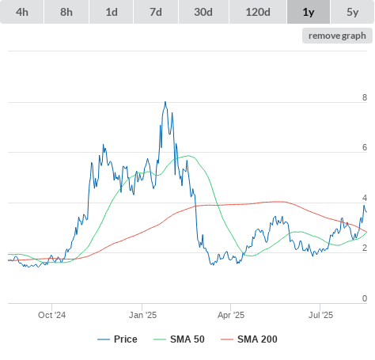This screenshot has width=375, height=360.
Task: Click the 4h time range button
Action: (x=22, y=12)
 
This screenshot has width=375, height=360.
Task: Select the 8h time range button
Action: (x=66, y=12)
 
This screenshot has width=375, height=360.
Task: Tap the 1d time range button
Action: (x=112, y=12)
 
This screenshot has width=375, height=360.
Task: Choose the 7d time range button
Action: (x=156, y=12)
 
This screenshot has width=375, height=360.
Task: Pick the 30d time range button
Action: (x=203, y=12)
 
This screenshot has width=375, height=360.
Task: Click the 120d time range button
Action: (x=258, y=12)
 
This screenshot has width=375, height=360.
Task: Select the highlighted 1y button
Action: (x=309, y=12)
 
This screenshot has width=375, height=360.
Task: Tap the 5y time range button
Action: (x=353, y=12)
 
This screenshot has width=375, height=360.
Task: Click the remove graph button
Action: (x=337, y=36)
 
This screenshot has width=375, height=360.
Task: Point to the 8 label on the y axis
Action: (x=365, y=97)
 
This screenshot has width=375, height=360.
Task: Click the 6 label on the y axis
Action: (x=365, y=147)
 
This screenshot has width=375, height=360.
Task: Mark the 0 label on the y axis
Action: (x=365, y=298)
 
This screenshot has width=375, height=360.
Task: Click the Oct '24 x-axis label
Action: (x=52, y=315)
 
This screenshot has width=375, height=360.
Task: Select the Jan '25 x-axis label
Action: (x=142, y=315)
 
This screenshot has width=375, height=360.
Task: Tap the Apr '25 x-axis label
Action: (x=231, y=315)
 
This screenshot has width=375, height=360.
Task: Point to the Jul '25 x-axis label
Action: (x=320, y=315)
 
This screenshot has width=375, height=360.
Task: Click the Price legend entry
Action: (x=117, y=339)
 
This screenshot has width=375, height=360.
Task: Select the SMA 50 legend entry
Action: (x=179, y=339)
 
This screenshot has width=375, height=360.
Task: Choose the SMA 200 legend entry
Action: (x=249, y=339)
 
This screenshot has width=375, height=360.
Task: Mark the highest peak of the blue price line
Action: (x=165, y=102)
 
